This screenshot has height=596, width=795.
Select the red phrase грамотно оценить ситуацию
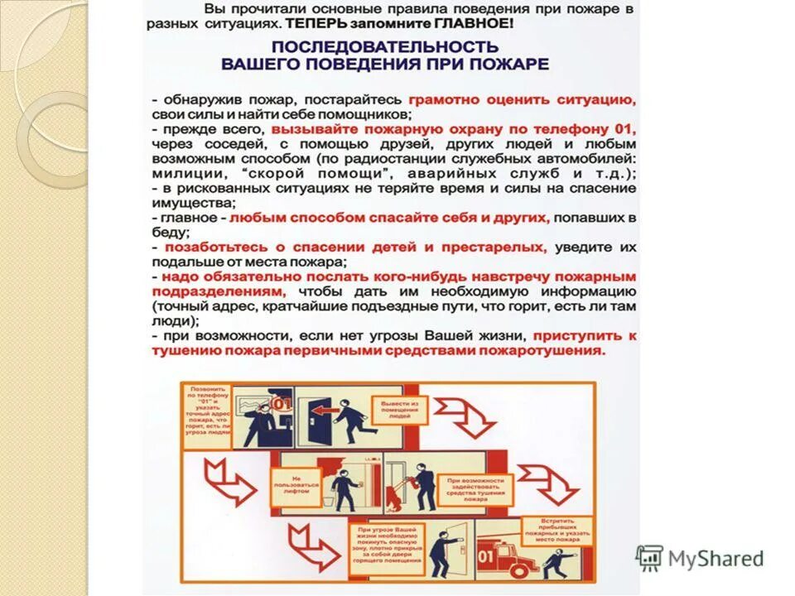click(522, 99)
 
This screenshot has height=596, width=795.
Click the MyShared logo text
click(714, 558)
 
